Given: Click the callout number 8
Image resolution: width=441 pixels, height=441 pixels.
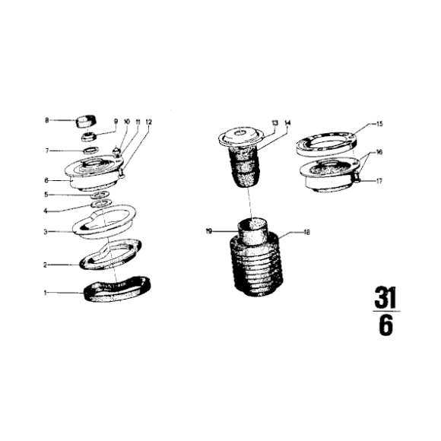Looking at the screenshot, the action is click(46, 120).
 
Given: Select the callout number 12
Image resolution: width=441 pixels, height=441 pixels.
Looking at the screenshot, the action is click(148, 122).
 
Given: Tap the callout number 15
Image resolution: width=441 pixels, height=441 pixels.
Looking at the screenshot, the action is click(379, 124).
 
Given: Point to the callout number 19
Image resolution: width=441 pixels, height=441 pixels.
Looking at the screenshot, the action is click(208, 231).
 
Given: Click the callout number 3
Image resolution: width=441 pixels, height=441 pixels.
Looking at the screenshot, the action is click(46, 232).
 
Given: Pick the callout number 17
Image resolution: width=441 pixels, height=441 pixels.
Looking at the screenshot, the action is click(379, 181).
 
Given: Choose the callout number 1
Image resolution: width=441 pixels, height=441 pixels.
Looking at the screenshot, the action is click(45, 293).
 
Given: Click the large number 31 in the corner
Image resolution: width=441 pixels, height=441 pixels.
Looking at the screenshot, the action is click(385, 297).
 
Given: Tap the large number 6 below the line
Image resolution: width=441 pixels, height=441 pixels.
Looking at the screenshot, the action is click(386, 325).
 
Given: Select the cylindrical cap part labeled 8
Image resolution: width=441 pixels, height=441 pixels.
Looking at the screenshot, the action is click(86, 122).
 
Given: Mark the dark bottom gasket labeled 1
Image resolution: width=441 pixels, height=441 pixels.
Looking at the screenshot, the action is click(117, 289).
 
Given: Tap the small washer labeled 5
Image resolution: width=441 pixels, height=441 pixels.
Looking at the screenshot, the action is click(101, 194).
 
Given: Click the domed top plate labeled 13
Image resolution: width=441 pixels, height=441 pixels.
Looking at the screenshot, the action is click(241, 137).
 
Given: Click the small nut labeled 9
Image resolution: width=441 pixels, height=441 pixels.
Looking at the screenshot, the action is click(89, 137).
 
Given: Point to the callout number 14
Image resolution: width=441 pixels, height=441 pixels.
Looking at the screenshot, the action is click(287, 123).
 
